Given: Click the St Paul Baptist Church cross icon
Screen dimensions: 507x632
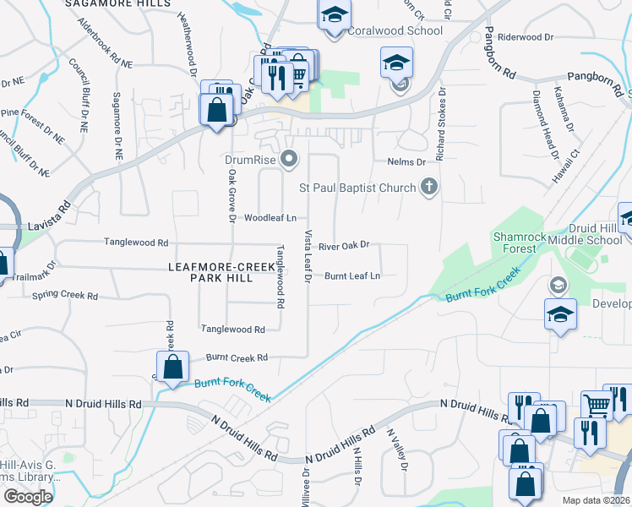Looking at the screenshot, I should (x=429, y=187).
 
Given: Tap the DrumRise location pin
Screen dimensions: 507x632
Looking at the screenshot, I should (x=290, y=158).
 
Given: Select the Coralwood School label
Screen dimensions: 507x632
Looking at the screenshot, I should (x=395, y=31).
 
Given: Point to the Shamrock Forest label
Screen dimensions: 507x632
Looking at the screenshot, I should (x=515, y=243).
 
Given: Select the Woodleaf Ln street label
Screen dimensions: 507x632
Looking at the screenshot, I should (x=271, y=218).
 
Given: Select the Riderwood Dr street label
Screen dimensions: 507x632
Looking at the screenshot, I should (x=526, y=37).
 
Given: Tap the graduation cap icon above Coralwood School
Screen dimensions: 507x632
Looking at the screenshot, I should (x=334, y=14).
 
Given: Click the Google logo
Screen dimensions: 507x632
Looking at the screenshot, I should (x=28, y=497).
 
